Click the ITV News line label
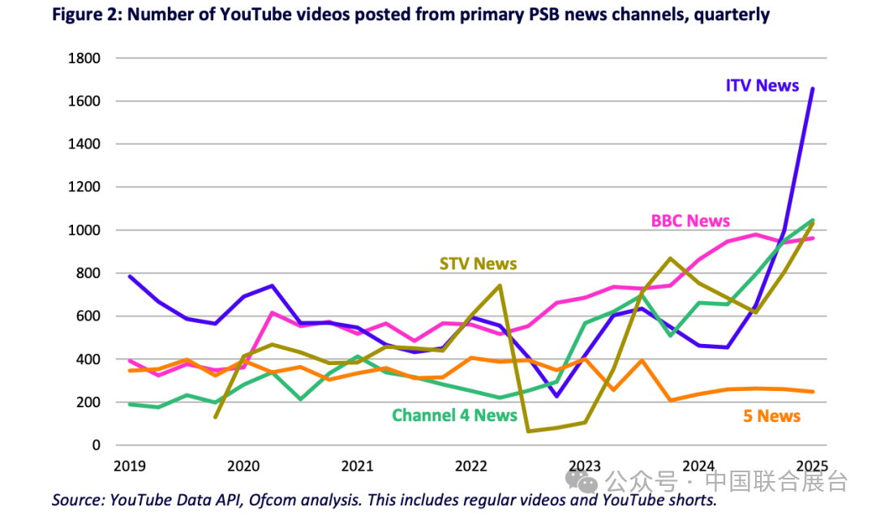click(762, 85)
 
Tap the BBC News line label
click(690, 221)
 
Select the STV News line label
click(478, 264)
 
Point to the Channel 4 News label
click(454, 415)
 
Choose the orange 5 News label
click(771, 416)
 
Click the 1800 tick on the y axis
click(84, 58)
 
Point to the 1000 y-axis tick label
click(84, 230)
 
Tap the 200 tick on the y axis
click(88, 402)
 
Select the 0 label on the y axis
click(96, 445)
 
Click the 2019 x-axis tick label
click(129, 467)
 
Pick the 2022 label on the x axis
click(470, 467)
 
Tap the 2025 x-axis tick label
click(811, 467)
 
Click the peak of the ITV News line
click(813, 88)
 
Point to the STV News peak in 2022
click(500, 286)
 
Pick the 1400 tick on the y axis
click(84, 144)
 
